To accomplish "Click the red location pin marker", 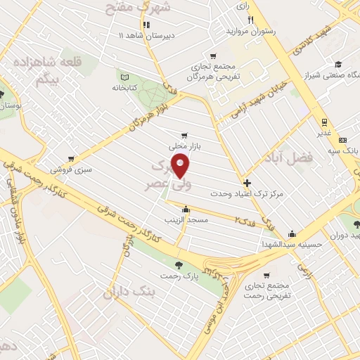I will pyautogui.click(x=181, y=167).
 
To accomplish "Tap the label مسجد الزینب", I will pyautogui.click(x=185, y=221).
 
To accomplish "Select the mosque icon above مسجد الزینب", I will pyautogui.click(x=185, y=209).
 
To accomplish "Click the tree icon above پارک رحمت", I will pyautogui.click(x=178, y=265).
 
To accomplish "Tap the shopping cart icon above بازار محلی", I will pyautogui.click(x=184, y=135).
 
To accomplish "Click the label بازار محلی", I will pyautogui.click(x=184, y=146).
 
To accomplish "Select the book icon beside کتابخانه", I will pyautogui.click(x=124, y=77).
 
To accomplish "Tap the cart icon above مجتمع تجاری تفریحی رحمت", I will pyautogui.click(x=266, y=275).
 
